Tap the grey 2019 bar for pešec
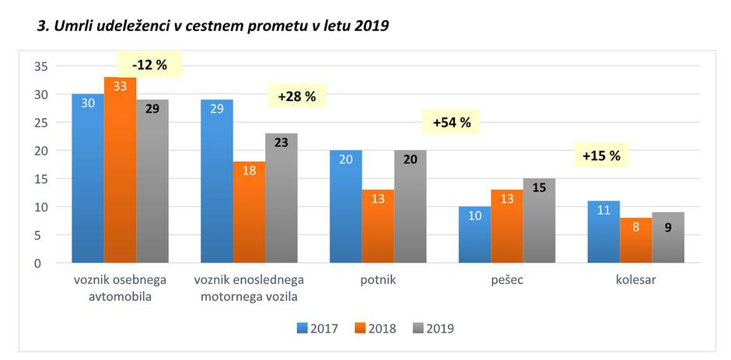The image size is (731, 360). (x=539, y=221)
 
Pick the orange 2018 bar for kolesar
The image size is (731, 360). (x=635, y=240)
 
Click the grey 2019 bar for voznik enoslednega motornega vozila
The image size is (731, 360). (x=281, y=198)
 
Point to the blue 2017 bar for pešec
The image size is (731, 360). (x=474, y=235)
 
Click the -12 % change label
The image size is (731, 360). (x=149, y=65)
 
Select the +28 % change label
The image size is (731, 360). (x=296, y=96)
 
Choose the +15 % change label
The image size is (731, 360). (x=601, y=156)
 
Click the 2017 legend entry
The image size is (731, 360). (x=318, y=328)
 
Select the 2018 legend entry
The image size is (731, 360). (x=376, y=328)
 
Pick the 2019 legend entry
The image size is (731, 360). (x=434, y=328)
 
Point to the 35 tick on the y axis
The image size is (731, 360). (x=41, y=67)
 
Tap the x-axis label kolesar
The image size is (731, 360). (x=635, y=280)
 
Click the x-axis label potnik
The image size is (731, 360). (x=378, y=280)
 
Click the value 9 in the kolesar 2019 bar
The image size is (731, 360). (x=668, y=228)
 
